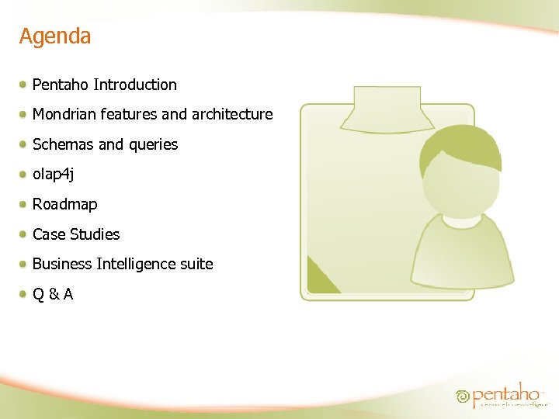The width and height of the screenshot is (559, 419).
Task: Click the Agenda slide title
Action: (x=55, y=36)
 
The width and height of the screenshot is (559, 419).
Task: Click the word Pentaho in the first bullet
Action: (x=61, y=85)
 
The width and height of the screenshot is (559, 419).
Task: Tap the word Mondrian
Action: (x=64, y=115)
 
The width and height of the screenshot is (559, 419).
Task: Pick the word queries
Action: (x=153, y=145)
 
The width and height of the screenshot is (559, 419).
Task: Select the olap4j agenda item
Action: (x=54, y=175)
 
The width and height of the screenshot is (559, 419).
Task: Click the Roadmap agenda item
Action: (x=65, y=204)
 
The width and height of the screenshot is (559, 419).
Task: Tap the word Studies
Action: (x=95, y=234)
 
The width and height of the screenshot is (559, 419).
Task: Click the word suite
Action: (x=196, y=265)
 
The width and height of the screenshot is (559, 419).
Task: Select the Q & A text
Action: (x=53, y=294)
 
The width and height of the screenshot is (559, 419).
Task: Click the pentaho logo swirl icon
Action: (x=464, y=396)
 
